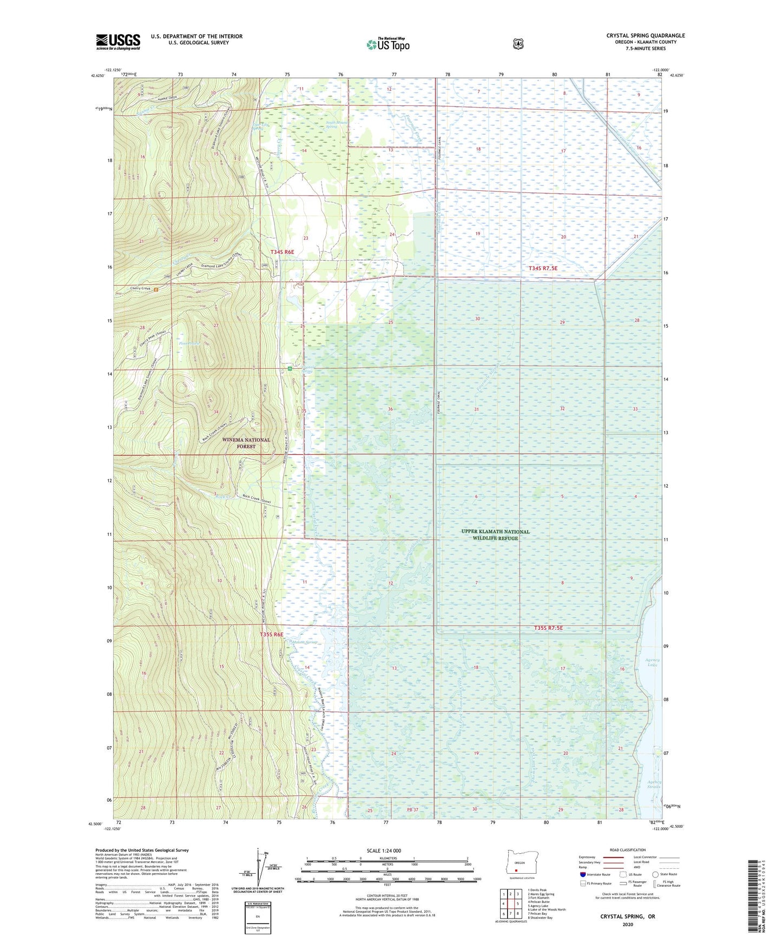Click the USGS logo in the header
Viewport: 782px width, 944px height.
(x=118, y=42)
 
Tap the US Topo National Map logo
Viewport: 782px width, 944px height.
(x=387, y=44)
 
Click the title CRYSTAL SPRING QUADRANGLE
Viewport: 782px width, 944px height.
(x=645, y=36)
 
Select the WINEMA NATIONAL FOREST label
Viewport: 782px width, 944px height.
(x=246, y=443)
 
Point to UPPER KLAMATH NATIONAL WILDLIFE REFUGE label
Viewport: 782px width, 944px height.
(x=495, y=534)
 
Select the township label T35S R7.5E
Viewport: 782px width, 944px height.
(x=548, y=628)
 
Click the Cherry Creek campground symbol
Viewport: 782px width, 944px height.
(x=156, y=289)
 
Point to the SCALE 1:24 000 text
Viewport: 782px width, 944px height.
(x=384, y=850)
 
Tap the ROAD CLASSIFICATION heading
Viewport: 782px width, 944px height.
(x=627, y=850)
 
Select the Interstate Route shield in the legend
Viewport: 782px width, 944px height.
(x=582, y=874)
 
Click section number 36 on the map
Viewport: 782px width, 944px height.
(x=390, y=409)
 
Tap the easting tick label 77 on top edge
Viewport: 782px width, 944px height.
(x=394, y=74)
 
